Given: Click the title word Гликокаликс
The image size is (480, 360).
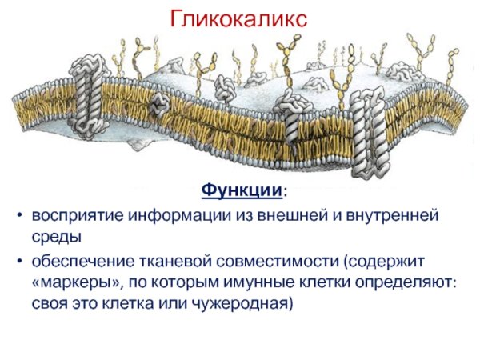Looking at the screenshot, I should click(x=240, y=19).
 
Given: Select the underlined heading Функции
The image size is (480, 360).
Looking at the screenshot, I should click(x=241, y=192).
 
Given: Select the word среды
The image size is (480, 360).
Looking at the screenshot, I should click(x=55, y=237).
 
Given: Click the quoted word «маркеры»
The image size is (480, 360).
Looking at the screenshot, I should click(x=71, y=282).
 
